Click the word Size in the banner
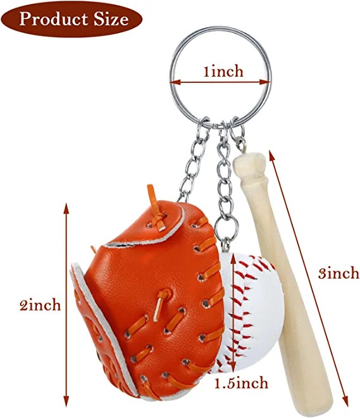point(111,19)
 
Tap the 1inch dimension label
point(223,72)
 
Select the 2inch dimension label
point(40,305)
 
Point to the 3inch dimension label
point(338,273)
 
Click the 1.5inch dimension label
point(242,383)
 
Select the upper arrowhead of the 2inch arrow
point(66,208)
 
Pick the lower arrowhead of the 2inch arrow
point(66,402)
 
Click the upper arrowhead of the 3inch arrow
point(271,155)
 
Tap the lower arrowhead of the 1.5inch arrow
point(233,368)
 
